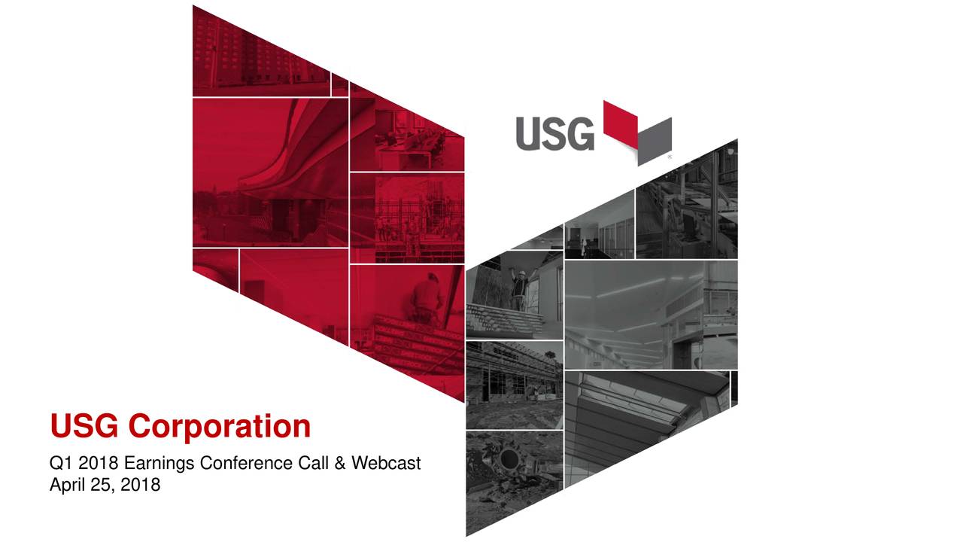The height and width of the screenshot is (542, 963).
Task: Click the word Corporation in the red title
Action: [x=219, y=427]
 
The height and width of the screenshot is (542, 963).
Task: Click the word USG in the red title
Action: [x=84, y=425]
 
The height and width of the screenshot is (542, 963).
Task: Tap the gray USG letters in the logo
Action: [x=555, y=134]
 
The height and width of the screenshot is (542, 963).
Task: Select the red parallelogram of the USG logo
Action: [x=621, y=124]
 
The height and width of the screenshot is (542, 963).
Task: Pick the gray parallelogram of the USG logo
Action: [x=655, y=142]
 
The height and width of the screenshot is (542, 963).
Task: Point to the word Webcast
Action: [x=386, y=463]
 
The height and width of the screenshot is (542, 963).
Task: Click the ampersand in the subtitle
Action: [x=339, y=463]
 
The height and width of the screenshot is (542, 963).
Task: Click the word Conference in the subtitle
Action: [x=247, y=463]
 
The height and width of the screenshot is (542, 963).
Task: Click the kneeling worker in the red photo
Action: [x=427, y=297]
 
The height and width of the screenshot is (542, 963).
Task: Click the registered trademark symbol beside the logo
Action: [x=670, y=157]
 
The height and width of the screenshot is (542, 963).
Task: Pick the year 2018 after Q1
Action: [x=98, y=463]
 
